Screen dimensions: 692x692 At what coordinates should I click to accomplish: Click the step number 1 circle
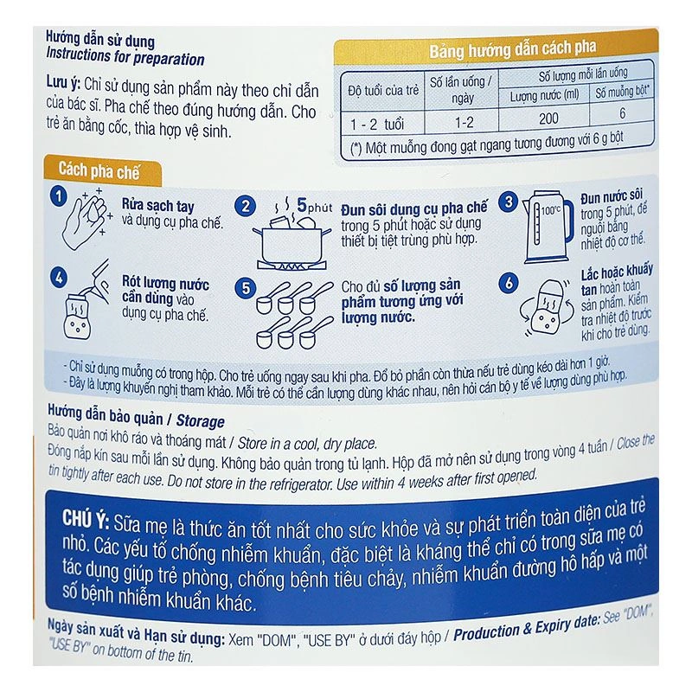click(58, 195)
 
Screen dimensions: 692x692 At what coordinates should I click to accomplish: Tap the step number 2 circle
click(247, 206)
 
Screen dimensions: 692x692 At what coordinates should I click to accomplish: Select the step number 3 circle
click(510, 202)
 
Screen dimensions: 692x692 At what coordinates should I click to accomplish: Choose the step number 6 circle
click(510, 283)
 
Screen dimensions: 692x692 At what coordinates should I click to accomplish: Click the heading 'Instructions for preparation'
click(125, 60)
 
